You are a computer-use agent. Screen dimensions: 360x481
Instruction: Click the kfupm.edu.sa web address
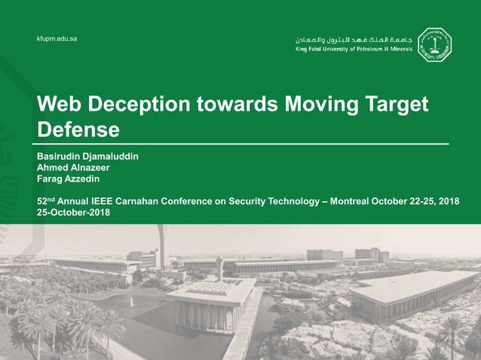tap(57, 38)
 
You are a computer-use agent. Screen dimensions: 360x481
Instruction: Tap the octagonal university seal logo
tap(434, 44)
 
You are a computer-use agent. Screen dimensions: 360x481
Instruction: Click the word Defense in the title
tap(78, 130)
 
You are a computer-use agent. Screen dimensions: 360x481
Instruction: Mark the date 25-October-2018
tap(74, 212)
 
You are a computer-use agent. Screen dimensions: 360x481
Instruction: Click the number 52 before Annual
tap(42, 202)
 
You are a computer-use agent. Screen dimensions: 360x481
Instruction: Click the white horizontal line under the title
tap(241, 142)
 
